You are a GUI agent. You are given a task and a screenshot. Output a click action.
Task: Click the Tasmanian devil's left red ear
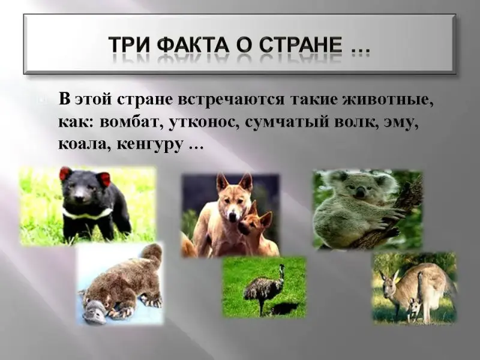coord(65,173)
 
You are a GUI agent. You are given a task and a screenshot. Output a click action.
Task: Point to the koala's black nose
coord(361,192)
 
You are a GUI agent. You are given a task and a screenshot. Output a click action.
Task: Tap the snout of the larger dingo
coord(233,217)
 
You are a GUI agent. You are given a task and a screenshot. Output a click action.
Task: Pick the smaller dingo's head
coord(254,219)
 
